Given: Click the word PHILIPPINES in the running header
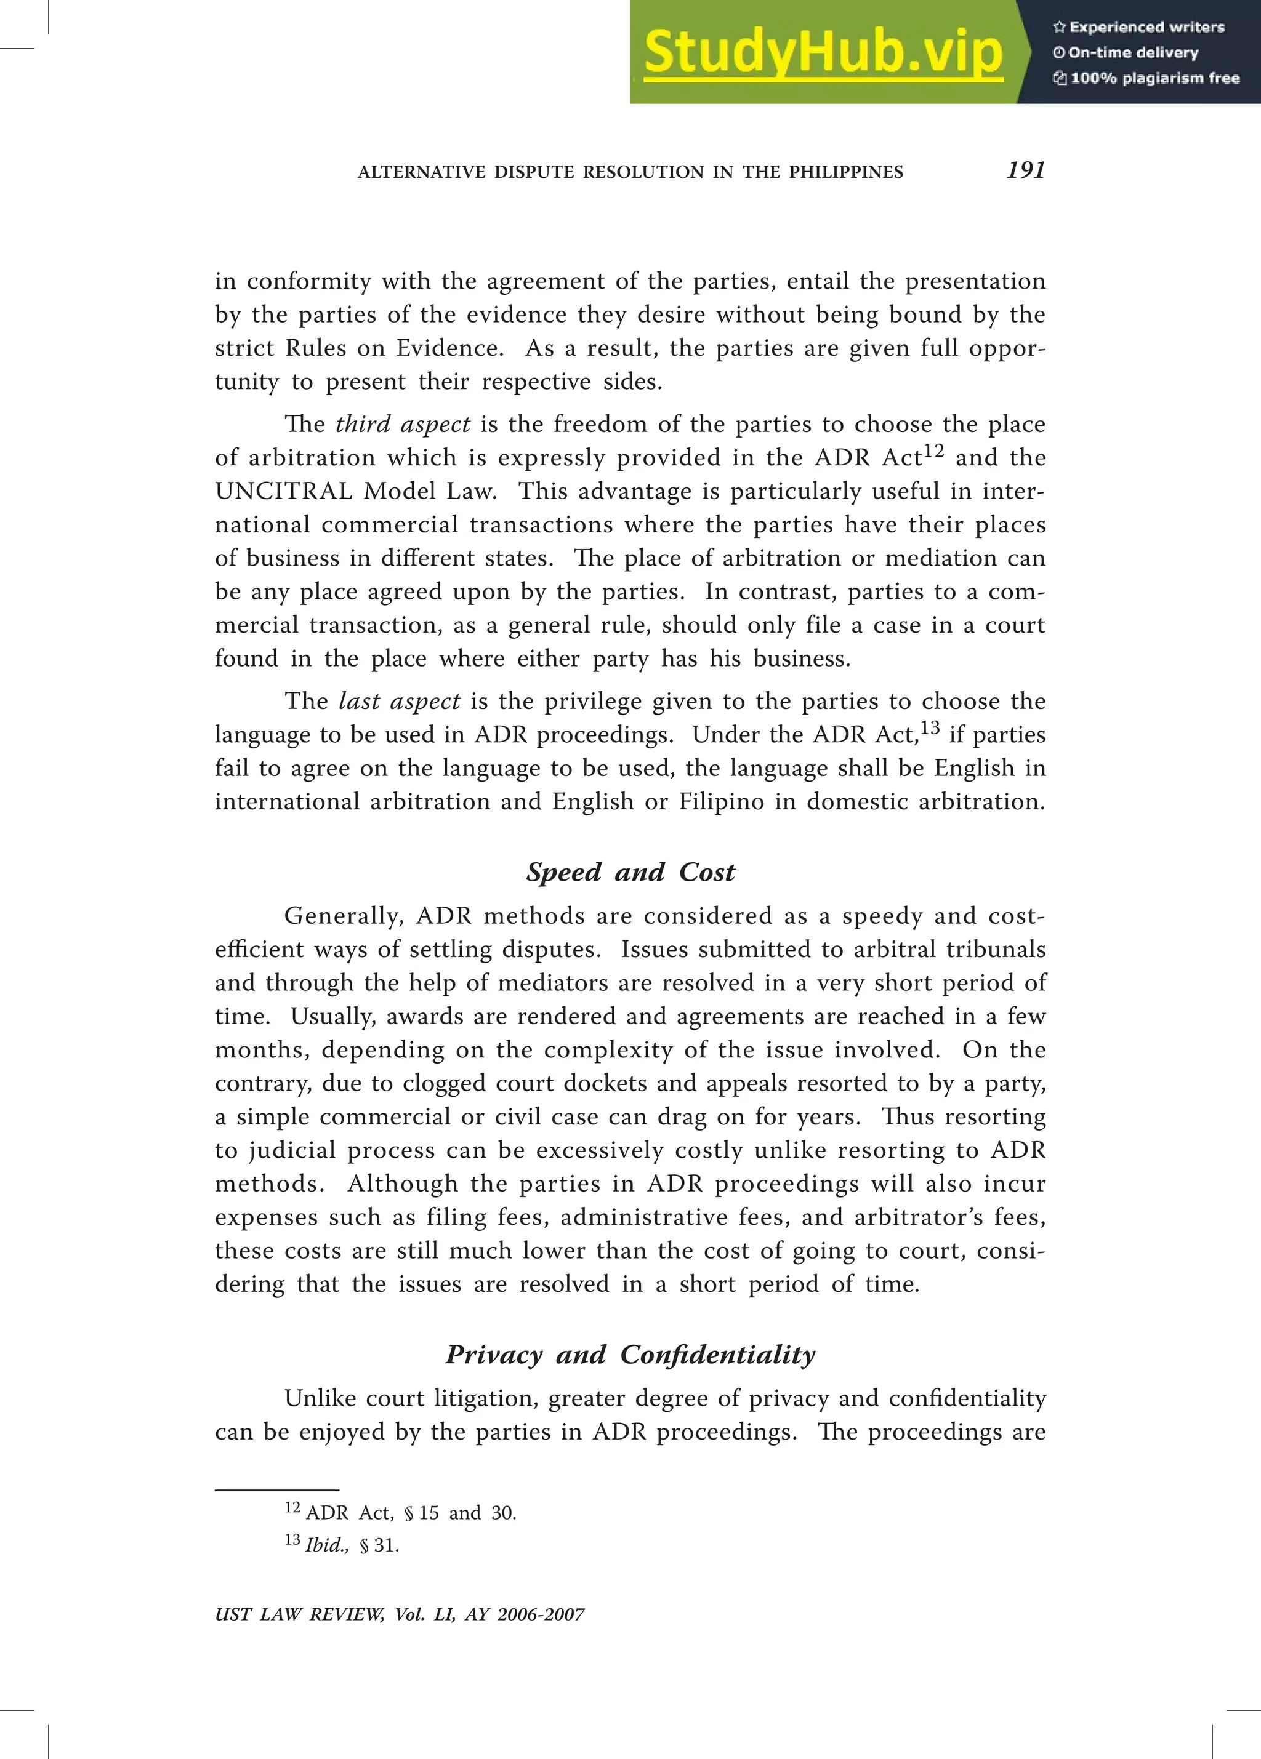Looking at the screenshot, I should [846, 172].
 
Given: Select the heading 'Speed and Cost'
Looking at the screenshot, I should [630, 873].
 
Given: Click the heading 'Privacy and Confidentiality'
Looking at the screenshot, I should [630, 1355].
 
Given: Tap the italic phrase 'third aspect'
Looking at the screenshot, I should [403, 424].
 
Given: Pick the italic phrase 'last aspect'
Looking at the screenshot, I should [400, 701].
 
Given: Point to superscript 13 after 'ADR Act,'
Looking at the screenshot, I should [930, 727].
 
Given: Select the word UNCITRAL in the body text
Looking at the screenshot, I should [283, 492].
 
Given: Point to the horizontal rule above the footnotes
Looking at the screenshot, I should [277, 1491].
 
